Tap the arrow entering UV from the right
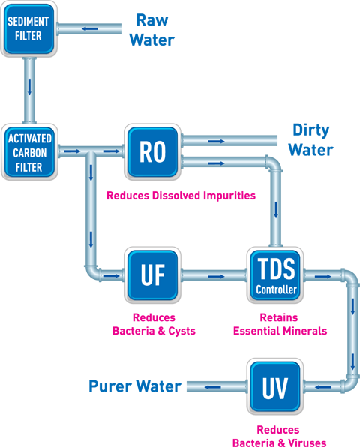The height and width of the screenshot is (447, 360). pos(319,387)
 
